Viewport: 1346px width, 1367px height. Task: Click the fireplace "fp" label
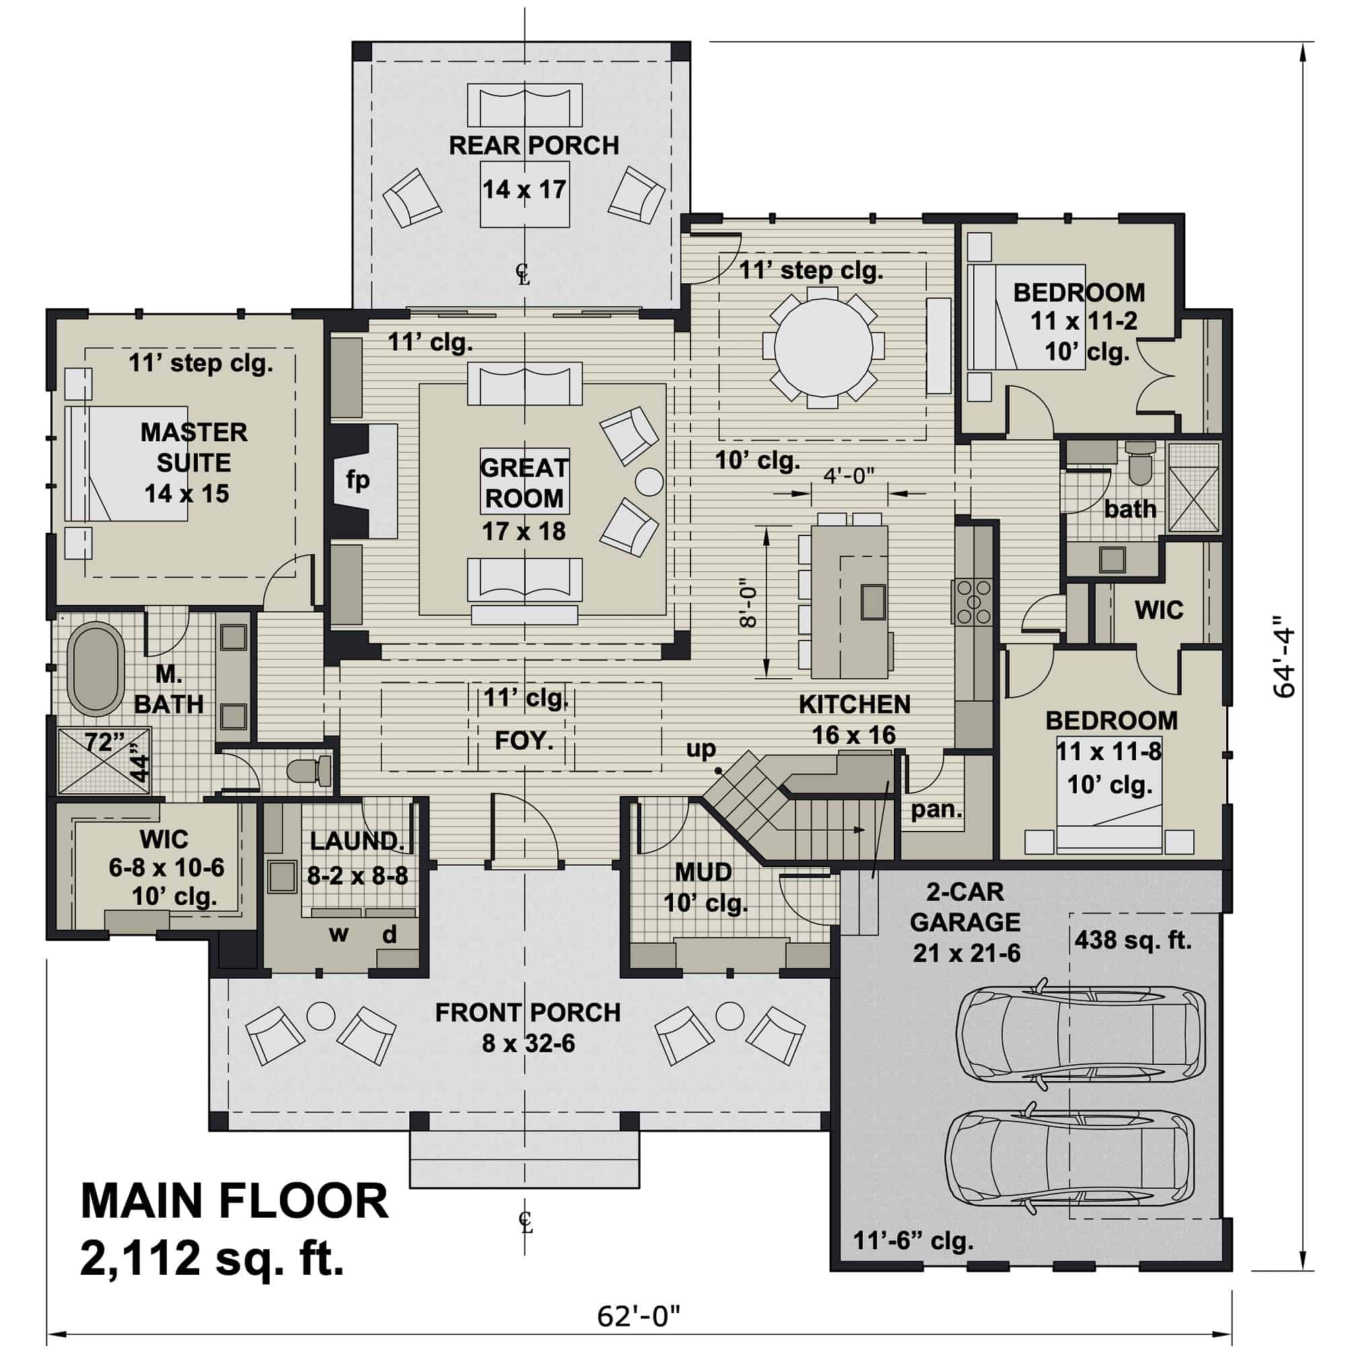(x=358, y=480)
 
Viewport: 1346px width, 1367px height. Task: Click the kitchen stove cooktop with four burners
(x=974, y=601)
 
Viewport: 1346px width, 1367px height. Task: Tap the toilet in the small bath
(x=1139, y=463)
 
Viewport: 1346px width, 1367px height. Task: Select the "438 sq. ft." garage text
(x=1133, y=940)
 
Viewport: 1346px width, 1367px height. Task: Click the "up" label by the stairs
(x=701, y=749)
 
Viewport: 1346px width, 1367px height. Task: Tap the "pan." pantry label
(x=936, y=809)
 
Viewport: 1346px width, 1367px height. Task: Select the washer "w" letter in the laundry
(x=339, y=934)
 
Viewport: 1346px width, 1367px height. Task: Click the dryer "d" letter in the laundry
(x=390, y=934)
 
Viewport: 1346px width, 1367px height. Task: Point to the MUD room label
(x=703, y=873)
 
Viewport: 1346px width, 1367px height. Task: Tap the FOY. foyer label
(x=523, y=740)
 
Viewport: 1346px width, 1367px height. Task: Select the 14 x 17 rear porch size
(x=524, y=190)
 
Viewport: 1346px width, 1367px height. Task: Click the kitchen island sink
(x=873, y=601)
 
